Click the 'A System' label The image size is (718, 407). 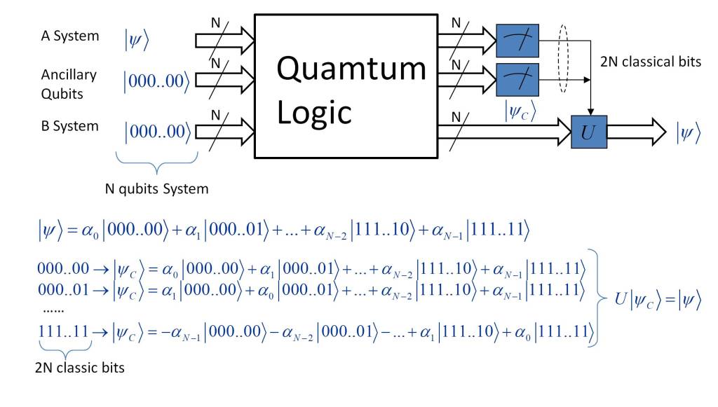pyautogui.click(x=69, y=36)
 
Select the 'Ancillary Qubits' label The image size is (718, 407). pyautogui.click(x=69, y=85)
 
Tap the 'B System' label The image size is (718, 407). pyautogui.click(x=69, y=127)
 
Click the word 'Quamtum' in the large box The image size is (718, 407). pyautogui.click(x=351, y=69)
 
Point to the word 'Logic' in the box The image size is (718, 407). pyautogui.click(x=314, y=112)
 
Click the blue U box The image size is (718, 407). pyautogui.click(x=589, y=131)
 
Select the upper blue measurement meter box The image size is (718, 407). pyautogui.click(x=517, y=40)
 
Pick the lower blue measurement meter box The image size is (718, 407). pyautogui.click(x=517, y=79)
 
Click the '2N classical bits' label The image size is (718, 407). pyautogui.click(x=651, y=62)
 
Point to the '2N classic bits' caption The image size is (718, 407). pyautogui.click(x=79, y=366)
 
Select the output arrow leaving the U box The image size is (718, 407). pyautogui.click(x=635, y=131)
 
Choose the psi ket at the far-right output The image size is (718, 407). pyautogui.click(x=688, y=132)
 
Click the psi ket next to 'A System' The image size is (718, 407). pyautogui.click(x=137, y=40)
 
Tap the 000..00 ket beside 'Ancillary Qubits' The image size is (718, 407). pyautogui.click(x=156, y=81)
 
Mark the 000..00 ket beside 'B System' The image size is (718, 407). pyautogui.click(x=156, y=131)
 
